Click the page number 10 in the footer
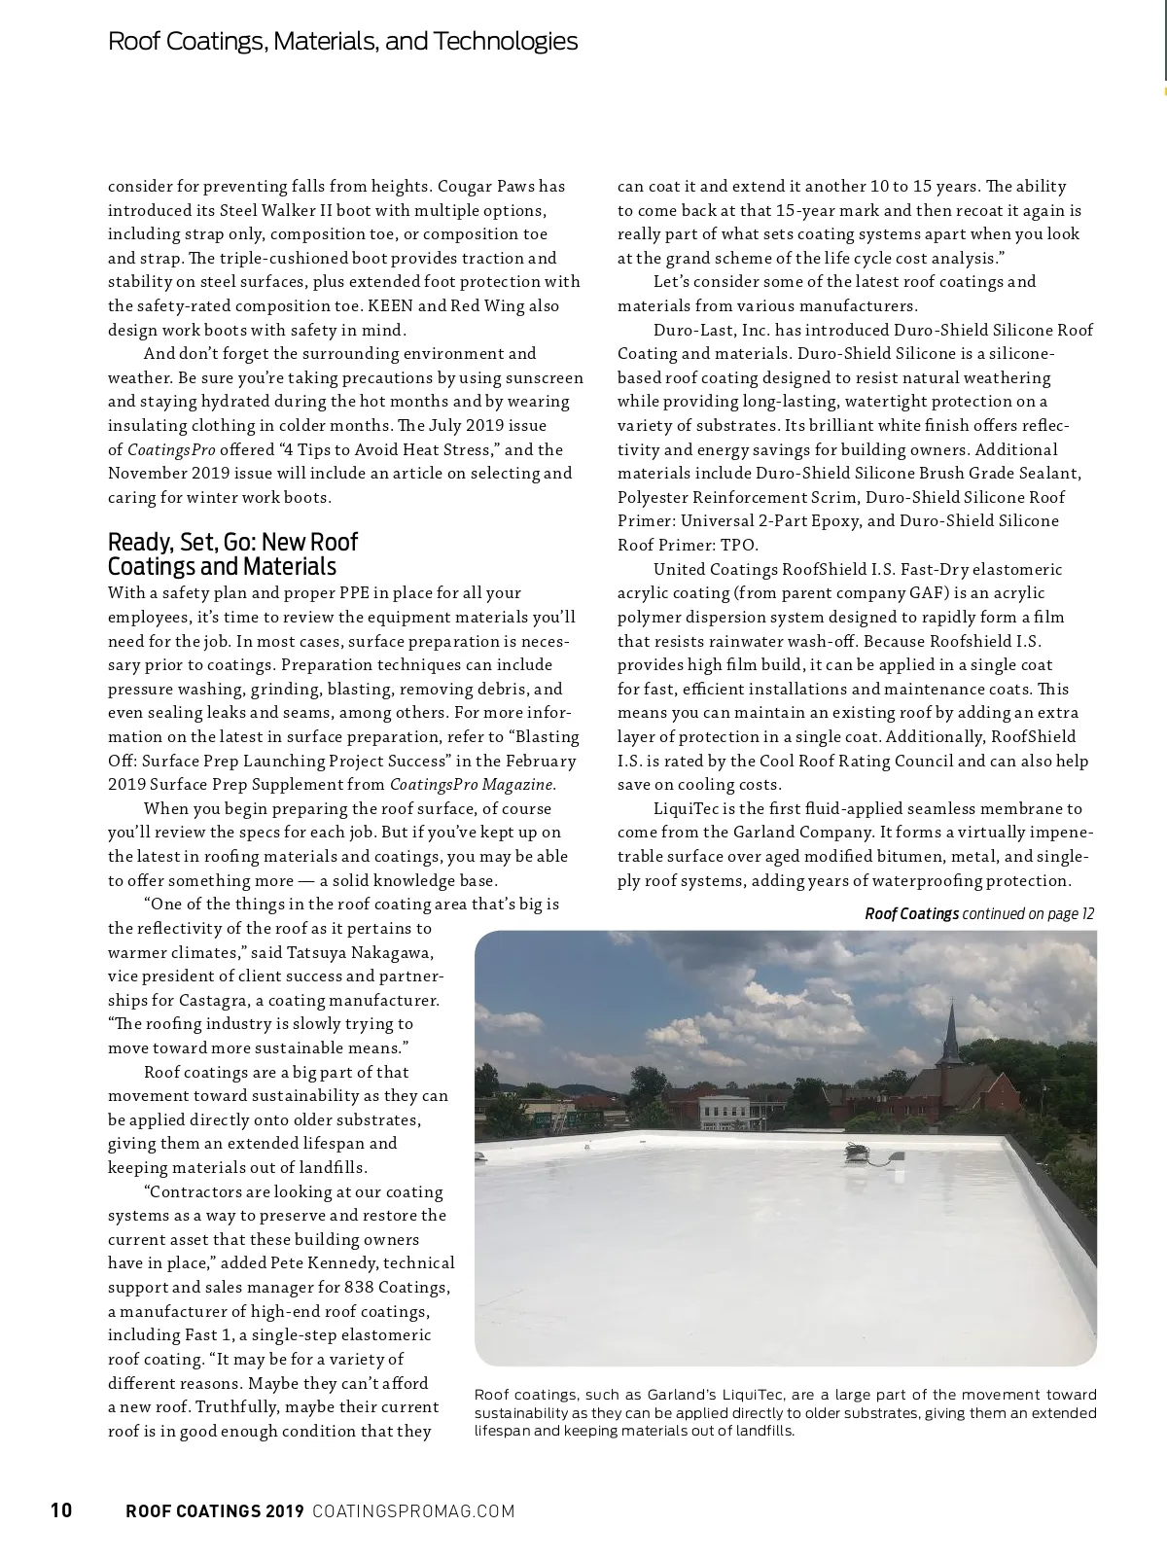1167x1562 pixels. (60, 1510)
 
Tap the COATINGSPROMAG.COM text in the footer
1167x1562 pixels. (413, 1511)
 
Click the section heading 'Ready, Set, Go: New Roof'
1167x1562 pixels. (232, 542)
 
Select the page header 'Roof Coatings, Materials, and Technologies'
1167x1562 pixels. (342, 41)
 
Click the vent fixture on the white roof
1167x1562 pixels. (856, 1153)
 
